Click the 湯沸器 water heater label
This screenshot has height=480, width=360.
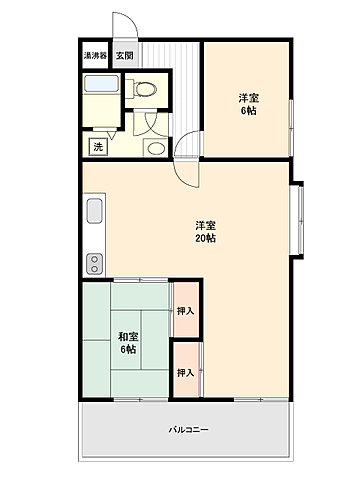95,57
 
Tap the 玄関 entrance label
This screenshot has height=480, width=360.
122,57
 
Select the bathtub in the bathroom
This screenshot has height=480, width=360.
100,86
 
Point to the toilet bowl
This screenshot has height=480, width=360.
146,87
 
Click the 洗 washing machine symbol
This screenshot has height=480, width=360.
98,147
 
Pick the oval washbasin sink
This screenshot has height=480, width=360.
156,148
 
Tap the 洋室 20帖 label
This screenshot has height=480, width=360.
206,231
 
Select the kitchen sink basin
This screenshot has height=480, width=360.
95,213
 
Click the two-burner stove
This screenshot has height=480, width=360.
95,264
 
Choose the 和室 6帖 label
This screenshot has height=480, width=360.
128,343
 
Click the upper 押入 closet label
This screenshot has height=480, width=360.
185,312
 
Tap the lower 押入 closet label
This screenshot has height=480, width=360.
185,372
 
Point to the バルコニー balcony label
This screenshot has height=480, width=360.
187,430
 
